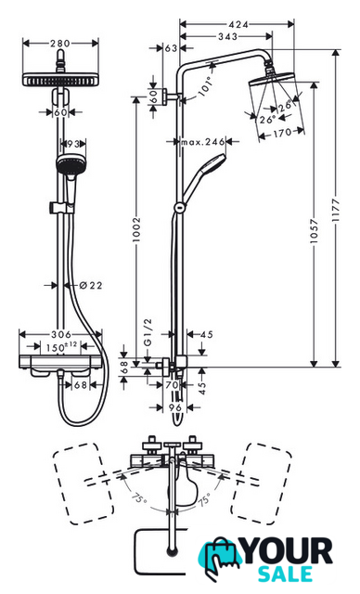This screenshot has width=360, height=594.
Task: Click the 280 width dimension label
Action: pyautogui.click(x=60, y=44)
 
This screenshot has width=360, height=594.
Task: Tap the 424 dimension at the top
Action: pyautogui.click(x=238, y=25)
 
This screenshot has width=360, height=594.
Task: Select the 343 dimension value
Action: pyautogui.click(x=228, y=37)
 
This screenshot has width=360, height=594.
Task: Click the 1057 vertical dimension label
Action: pyautogui.click(x=314, y=231)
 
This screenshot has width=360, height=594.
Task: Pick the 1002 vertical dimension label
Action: pyautogui.click(x=136, y=229)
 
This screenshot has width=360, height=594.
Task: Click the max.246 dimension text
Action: pyautogui.click(x=203, y=142)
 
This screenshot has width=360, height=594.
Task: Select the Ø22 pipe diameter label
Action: pyautogui.click(x=91, y=285)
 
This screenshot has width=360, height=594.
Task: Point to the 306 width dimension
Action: pyautogui.click(x=61, y=334)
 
